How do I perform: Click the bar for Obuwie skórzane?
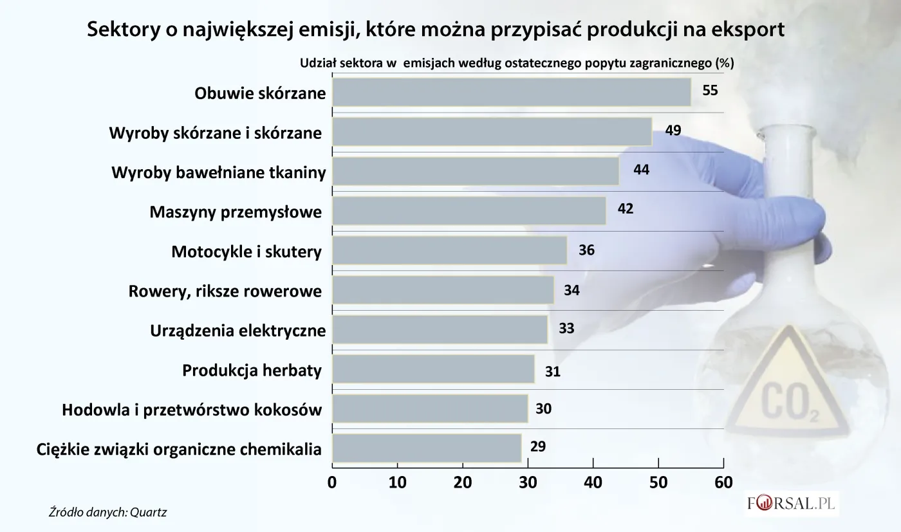tap(512, 92)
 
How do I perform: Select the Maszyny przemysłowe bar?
tap(469, 211)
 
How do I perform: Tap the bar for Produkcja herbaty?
tap(433, 369)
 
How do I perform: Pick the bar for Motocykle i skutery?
tap(449, 250)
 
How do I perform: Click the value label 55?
tap(710, 91)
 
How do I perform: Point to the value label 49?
tap(673, 131)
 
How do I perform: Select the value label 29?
tap(539, 447)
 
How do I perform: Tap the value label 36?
tap(586, 250)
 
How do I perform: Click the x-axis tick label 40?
tap(593, 482)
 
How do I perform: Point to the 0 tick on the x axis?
tap(332, 482)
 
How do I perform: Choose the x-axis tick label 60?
tap(723, 482)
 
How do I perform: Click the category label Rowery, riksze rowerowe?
tap(225, 291)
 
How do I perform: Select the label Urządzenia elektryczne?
tap(237, 331)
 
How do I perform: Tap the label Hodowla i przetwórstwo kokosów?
tap(192, 409)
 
